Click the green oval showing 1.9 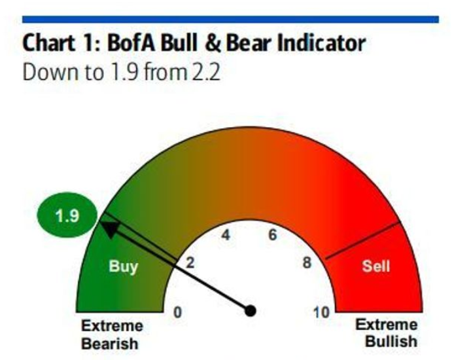67,215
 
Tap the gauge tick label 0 178,312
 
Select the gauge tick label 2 190,262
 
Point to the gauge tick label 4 226,235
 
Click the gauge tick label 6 273,234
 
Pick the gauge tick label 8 307,262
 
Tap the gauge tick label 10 321,312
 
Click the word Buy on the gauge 123,266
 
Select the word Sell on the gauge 376,266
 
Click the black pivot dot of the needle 251,311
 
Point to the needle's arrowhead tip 99,222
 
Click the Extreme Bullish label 387,333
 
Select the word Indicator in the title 321,43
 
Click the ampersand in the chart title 213,43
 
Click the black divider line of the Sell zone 362,240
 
